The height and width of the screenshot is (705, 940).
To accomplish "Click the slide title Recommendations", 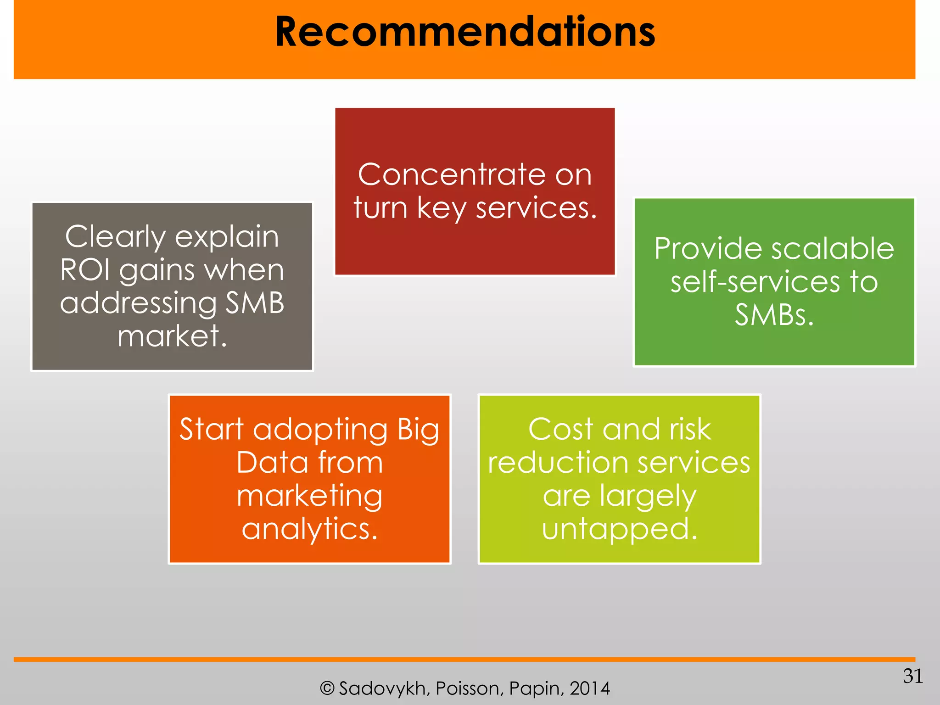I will pos(464,32).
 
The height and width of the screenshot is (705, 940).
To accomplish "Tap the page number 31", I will pos(912,676).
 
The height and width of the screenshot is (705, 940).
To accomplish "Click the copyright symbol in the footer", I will pos(327,688).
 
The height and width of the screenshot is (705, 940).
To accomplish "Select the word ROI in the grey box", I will pos(85,269).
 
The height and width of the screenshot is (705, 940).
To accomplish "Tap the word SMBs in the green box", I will pos(774,315).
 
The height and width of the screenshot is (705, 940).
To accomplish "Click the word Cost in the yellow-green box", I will pos(561,429).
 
